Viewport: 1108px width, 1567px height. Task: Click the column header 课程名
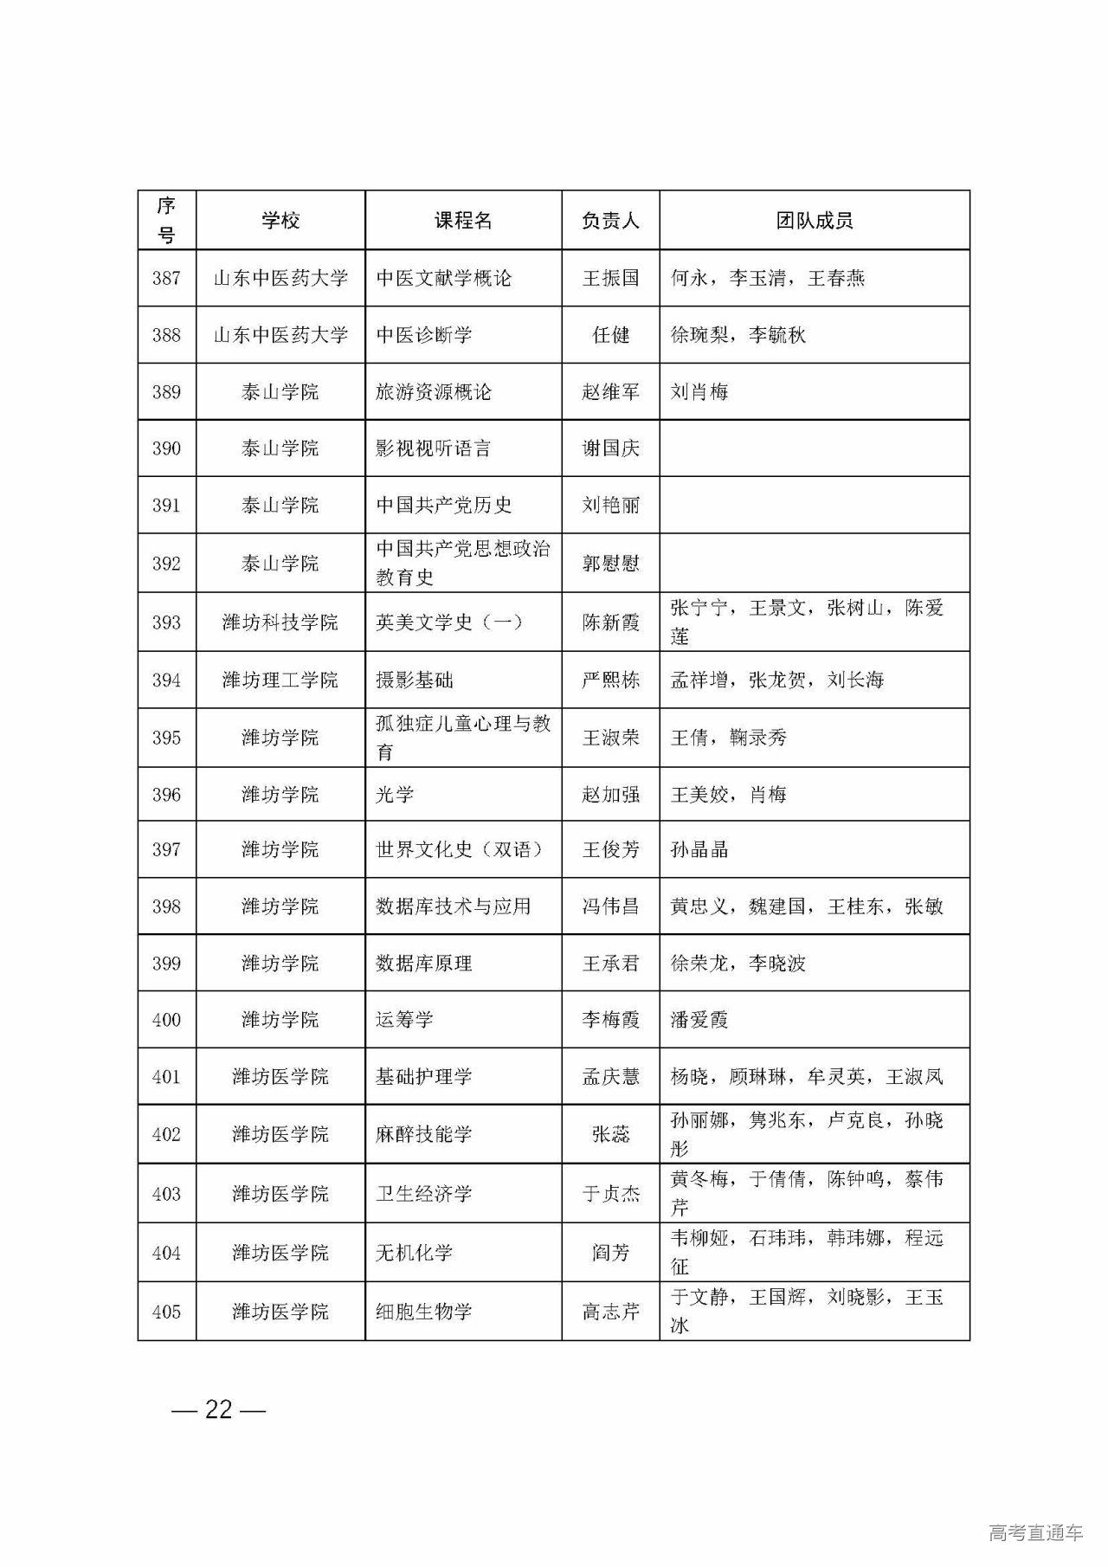(x=463, y=221)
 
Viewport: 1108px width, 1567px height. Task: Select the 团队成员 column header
(x=814, y=221)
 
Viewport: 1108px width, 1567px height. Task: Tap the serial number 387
(x=166, y=278)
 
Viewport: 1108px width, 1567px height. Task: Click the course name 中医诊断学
(x=424, y=335)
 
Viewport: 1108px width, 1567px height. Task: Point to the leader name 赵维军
(x=610, y=392)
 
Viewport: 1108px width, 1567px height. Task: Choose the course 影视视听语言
(x=434, y=448)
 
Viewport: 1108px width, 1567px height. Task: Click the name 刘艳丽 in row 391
(x=610, y=505)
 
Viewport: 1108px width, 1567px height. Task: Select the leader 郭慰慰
(x=610, y=564)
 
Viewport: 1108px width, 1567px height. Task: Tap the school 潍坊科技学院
(x=280, y=622)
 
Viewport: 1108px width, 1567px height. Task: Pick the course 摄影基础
(x=415, y=680)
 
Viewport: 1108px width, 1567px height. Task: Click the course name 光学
(x=395, y=795)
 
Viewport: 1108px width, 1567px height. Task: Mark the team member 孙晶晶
(x=699, y=849)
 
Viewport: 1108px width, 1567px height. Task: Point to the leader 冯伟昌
(x=610, y=906)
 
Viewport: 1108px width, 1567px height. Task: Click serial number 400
(x=166, y=1020)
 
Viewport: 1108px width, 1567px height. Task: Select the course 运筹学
(x=404, y=1020)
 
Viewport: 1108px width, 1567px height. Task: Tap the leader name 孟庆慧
(x=610, y=1077)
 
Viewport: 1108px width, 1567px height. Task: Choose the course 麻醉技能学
(x=424, y=1134)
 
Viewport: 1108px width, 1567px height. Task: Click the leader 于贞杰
(x=610, y=1194)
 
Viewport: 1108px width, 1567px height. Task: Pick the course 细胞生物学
(x=424, y=1312)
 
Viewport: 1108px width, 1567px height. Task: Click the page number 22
(x=219, y=1410)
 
